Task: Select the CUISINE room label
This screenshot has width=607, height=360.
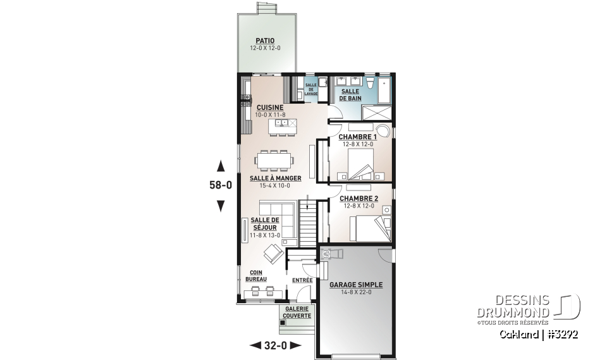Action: [270, 108]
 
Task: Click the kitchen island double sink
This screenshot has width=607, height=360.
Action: [281, 122]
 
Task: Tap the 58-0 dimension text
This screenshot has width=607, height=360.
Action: [221, 186]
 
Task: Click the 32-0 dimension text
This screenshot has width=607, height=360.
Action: [275, 345]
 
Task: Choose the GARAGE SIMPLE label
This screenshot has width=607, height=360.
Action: [356, 285]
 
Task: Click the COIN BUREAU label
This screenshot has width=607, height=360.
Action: [256, 276]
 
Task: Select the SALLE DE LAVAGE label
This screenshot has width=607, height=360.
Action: [310, 89]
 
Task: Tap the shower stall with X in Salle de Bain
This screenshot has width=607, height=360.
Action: [376, 113]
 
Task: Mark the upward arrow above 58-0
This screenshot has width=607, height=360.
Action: [221, 167]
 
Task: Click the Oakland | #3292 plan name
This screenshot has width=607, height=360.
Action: [539, 333]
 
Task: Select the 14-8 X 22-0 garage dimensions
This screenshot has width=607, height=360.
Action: [356, 293]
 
